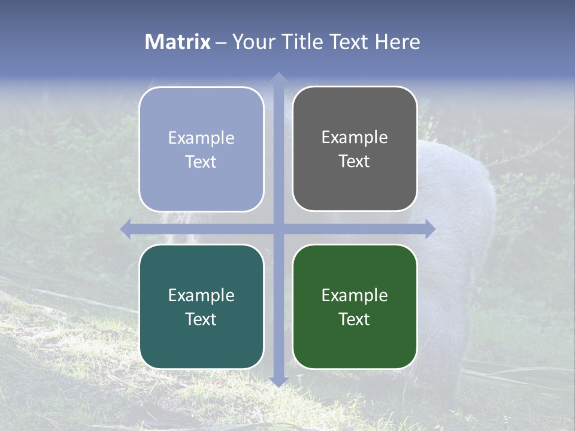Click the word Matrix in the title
178,42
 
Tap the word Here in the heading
398,42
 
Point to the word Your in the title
252,42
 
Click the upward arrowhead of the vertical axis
278,78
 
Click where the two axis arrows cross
278,229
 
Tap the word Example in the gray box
355,138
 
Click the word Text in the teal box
201,319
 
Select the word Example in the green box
355,295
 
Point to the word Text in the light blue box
201,162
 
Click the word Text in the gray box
355,161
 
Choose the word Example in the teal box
201,295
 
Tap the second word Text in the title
350,42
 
